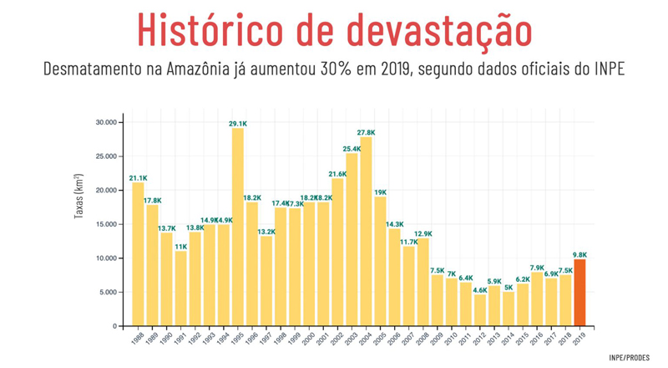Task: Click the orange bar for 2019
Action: point(579,292)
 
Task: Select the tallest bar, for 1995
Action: point(238,227)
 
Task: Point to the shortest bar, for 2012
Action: point(480,309)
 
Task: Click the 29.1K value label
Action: point(238,124)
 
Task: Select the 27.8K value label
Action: point(366,132)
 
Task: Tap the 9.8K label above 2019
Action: point(579,254)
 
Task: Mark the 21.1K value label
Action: point(138,177)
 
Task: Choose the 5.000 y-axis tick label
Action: point(106,292)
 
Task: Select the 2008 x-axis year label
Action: point(422,338)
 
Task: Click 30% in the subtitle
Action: point(337,69)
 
